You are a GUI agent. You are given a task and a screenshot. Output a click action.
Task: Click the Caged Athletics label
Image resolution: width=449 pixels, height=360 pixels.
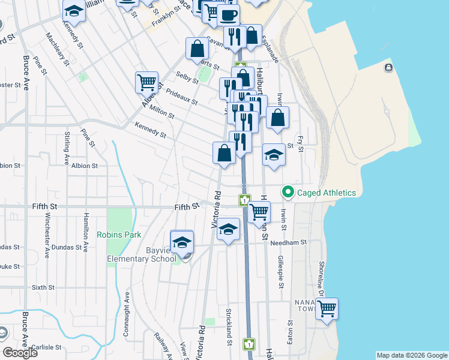pos(326,193)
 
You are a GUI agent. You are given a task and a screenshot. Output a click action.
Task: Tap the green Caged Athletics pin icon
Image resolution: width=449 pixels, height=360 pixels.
pos(288,193)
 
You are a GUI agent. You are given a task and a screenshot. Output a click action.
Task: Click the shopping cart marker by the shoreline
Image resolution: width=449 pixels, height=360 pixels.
pos(327,308)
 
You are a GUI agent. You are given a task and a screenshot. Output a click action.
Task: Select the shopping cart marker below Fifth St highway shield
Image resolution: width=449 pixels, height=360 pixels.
pos(259,212)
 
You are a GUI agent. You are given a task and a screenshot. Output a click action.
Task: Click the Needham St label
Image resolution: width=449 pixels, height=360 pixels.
pos(288,242)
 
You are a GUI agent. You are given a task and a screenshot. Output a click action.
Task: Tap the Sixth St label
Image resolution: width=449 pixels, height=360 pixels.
pos(43,287)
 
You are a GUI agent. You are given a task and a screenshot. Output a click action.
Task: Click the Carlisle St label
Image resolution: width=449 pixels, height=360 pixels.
pos(47,347)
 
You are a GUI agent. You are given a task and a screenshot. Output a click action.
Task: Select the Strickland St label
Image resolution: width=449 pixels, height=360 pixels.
pos(229,326)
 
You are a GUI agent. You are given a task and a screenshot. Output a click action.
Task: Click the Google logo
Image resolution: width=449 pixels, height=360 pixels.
pos(20,353)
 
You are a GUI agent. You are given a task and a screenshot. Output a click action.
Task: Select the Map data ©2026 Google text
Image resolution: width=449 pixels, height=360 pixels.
pos(412,355)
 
